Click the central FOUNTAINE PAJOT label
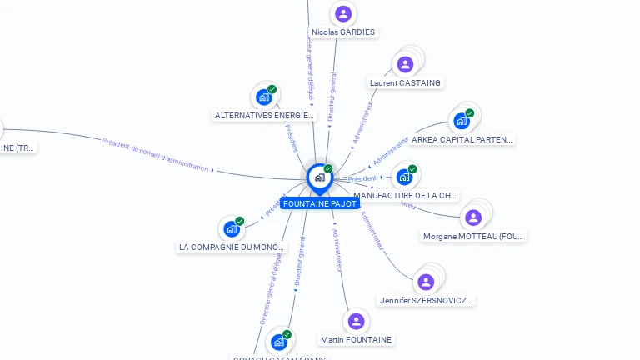tap(320, 203)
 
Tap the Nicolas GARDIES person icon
tap(342, 14)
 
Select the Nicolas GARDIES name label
tap(343, 32)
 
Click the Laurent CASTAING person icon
tap(405, 65)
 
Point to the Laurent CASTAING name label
tap(405, 83)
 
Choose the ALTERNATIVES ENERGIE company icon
tap(264, 97)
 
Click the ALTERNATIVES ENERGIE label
tap(265, 116)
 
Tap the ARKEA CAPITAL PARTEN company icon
tap(462, 121)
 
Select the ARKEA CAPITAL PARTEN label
tap(462, 139)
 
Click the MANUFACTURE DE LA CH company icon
tap(404, 177)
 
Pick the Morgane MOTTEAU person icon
tap(473, 217)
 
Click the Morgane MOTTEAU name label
tap(474, 237)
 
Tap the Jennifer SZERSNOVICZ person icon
tap(426, 282)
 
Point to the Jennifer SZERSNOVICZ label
tap(427, 300)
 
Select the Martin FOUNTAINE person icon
tap(356, 322)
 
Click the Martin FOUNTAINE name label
tap(356, 340)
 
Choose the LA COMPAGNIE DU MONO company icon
tap(232, 229)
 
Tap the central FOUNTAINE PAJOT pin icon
tap(319, 177)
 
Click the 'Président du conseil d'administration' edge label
tap(155, 154)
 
